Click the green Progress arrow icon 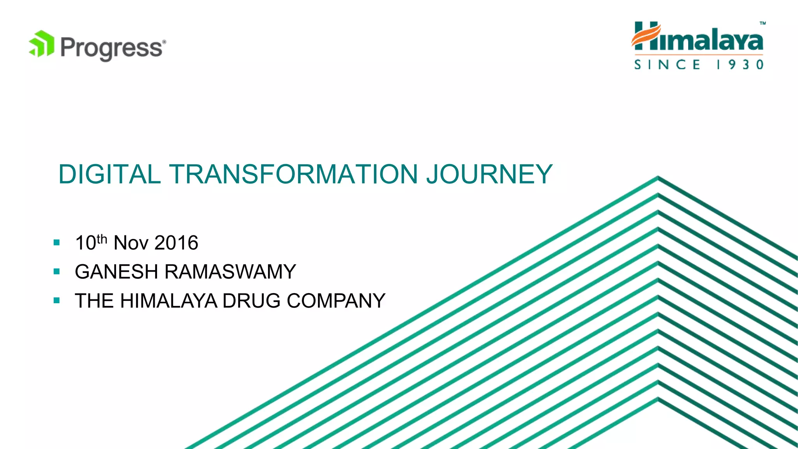click(x=42, y=44)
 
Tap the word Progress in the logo click(x=111, y=48)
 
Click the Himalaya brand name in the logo click(x=697, y=38)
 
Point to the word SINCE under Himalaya click(x=667, y=64)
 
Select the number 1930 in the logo click(x=740, y=64)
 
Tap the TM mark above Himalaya click(x=763, y=23)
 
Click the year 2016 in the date click(x=177, y=243)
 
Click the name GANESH click(x=116, y=272)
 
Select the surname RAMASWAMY click(x=230, y=272)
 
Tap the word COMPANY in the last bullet click(x=336, y=301)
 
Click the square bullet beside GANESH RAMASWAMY click(x=57, y=272)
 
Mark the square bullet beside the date click(x=57, y=243)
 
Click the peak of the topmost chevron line click(x=658, y=177)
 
